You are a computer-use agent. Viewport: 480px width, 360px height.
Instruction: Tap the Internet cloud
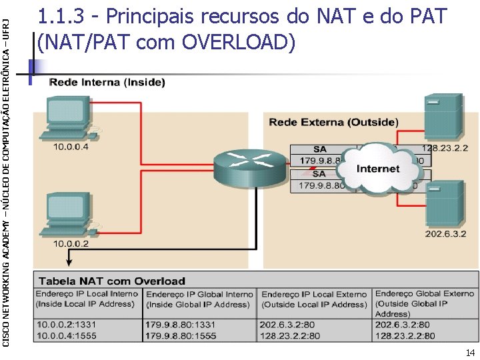[x=377, y=169]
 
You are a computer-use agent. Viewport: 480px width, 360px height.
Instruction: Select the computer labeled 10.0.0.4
[x=69, y=118]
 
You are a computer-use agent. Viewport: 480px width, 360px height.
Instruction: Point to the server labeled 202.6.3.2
[x=444, y=203]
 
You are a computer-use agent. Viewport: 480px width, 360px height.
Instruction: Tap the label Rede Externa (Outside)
[x=333, y=122]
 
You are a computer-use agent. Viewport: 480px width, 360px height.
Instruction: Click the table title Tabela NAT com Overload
[x=111, y=281]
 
